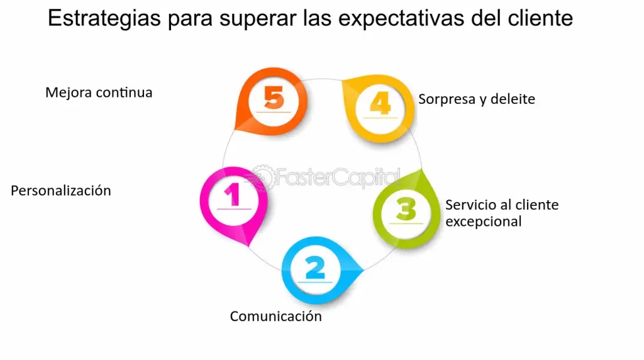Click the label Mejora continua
(99, 93)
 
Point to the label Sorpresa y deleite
(477, 99)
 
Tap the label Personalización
(61, 190)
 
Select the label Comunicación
(275, 316)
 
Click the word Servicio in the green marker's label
(469, 205)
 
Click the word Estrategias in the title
(104, 18)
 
